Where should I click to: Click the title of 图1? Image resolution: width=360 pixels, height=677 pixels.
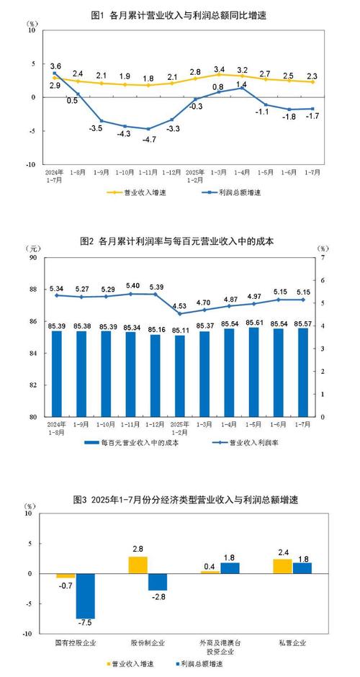pyautogui.click(x=179, y=14)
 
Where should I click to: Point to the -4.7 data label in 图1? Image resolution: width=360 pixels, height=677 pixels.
pyautogui.click(x=148, y=140)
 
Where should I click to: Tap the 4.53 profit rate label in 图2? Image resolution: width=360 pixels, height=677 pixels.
pyautogui.click(x=180, y=305)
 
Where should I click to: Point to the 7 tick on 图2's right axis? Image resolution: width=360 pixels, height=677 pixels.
pyautogui.click(x=322, y=257)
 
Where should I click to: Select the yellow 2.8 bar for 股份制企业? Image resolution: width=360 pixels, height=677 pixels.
pyautogui.click(x=138, y=565)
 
